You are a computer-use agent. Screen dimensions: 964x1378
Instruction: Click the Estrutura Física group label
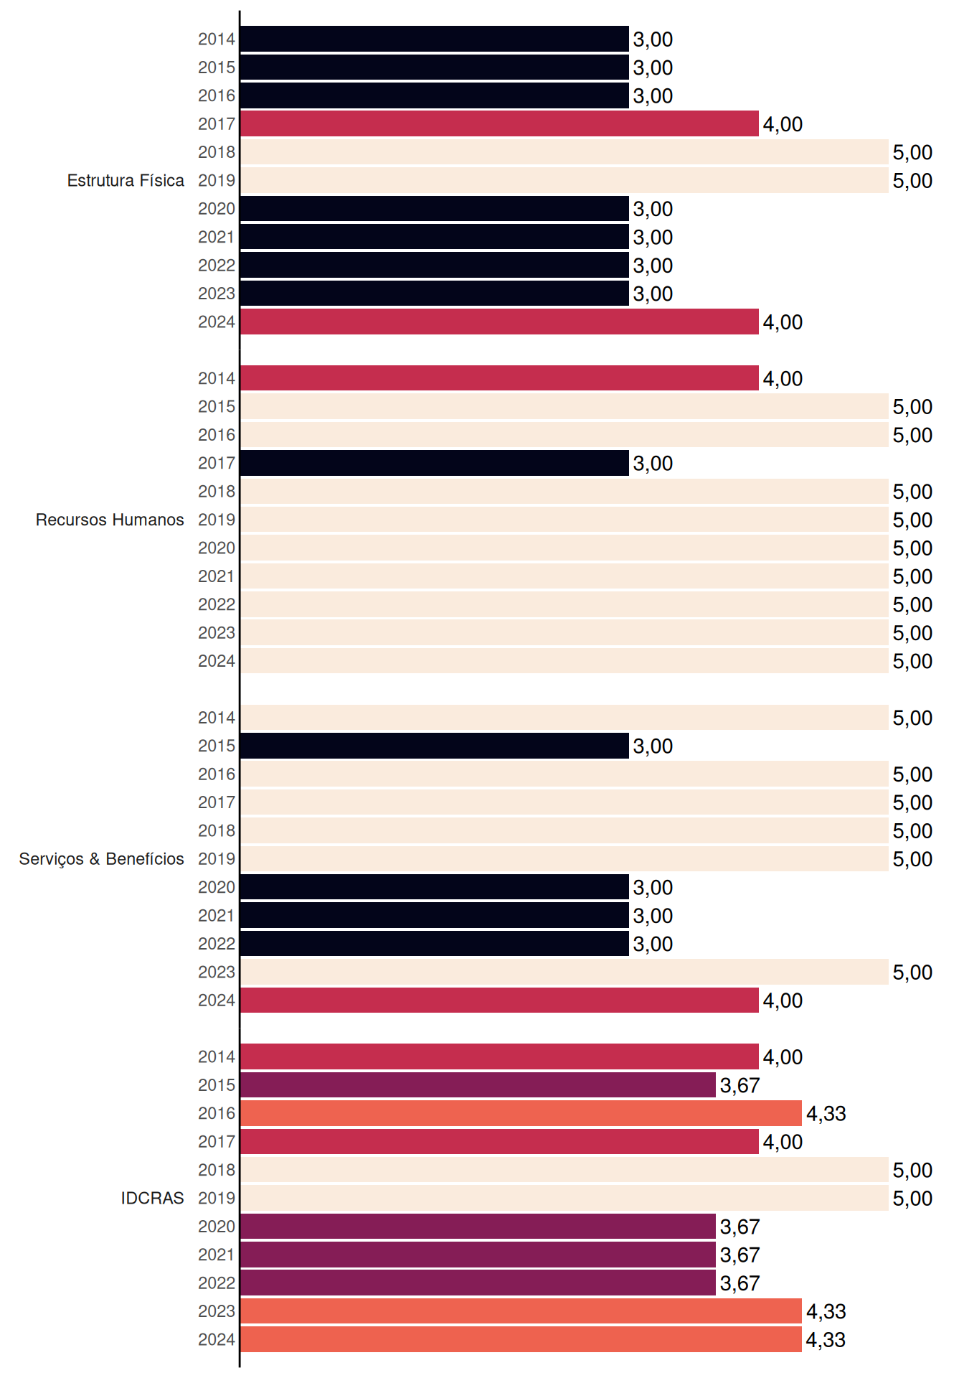click(126, 180)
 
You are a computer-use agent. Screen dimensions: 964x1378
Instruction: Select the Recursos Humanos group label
click(110, 520)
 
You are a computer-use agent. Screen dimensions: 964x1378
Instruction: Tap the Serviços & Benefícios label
click(101, 859)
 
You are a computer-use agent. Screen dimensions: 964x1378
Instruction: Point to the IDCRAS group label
click(152, 1198)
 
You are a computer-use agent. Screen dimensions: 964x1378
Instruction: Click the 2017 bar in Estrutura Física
click(499, 123)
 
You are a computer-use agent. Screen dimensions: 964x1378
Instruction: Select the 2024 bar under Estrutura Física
click(499, 322)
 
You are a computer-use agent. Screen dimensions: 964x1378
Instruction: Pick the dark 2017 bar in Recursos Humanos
click(435, 463)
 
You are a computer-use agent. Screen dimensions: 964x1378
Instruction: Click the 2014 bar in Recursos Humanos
click(499, 378)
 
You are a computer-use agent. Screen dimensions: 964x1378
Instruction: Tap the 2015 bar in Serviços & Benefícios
click(435, 746)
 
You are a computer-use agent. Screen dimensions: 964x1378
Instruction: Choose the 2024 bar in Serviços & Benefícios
click(499, 1000)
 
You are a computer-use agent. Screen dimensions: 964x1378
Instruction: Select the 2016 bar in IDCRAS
click(521, 1113)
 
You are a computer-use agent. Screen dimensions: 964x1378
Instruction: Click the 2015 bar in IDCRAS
click(478, 1085)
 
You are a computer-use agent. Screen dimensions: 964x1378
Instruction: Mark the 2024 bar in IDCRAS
click(521, 1339)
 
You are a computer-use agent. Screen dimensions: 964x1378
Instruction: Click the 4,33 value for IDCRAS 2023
click(826, 1311)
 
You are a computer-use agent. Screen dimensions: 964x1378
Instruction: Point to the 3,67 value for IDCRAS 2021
click(740, 1255)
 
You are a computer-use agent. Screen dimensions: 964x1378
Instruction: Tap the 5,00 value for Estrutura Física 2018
click(912, 152)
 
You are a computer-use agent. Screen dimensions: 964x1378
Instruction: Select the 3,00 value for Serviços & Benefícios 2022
click(653, 944)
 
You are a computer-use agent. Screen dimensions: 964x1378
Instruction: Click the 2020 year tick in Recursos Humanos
click(217, 548)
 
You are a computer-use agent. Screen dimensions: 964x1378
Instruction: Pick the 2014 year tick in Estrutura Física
click(217, 39)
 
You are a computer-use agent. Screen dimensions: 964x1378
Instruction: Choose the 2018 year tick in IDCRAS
click(217, 1170)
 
